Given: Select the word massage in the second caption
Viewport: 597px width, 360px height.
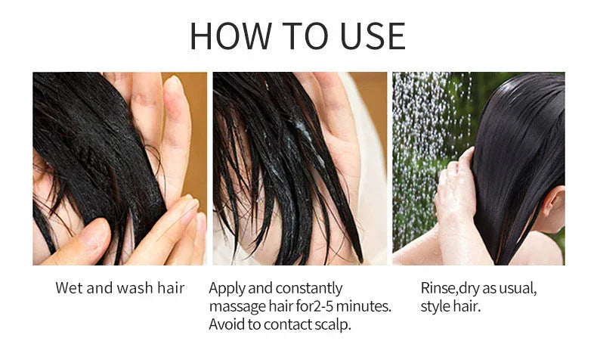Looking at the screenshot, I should [237, 306].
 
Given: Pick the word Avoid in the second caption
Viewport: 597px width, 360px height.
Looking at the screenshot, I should [226, 324].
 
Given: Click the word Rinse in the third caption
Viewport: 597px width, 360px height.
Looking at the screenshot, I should [438, 288].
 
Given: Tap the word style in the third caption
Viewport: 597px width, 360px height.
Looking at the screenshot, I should [436, 306].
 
